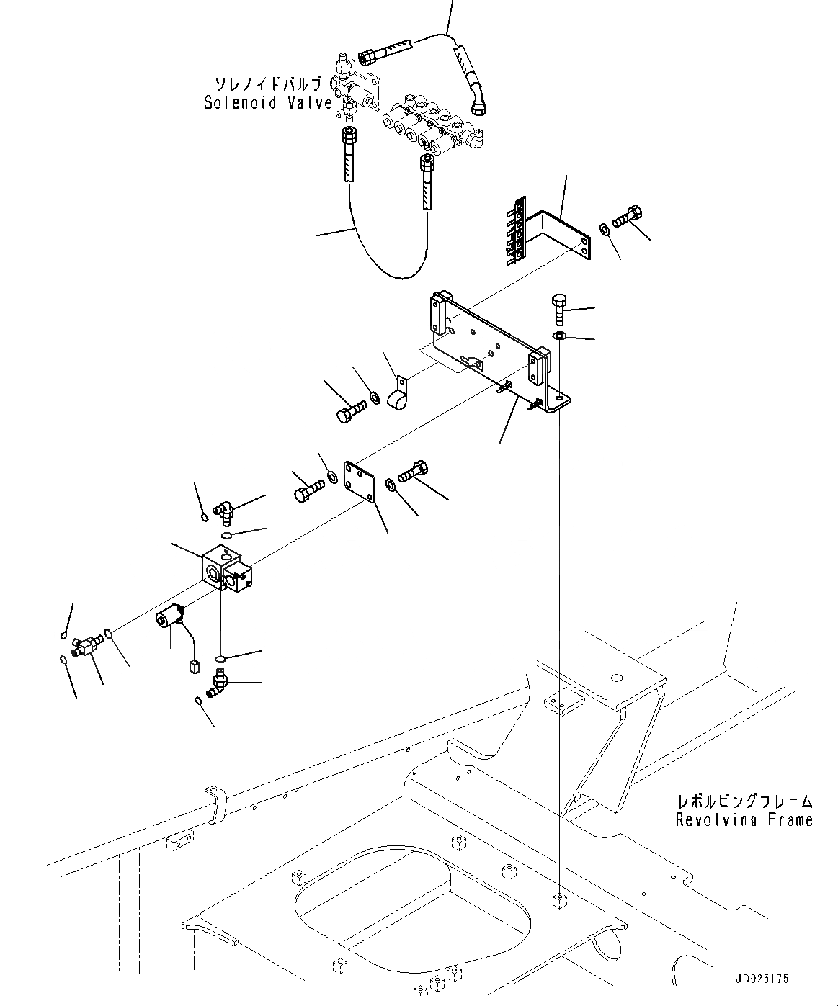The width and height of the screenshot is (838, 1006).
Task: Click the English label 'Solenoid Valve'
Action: [x=268, y=102]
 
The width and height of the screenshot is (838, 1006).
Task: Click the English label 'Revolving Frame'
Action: [x=744, y=819]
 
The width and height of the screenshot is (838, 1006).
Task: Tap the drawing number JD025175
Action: [x=762, y=979]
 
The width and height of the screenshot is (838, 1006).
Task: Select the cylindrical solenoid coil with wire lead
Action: [x=171, y=618]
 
